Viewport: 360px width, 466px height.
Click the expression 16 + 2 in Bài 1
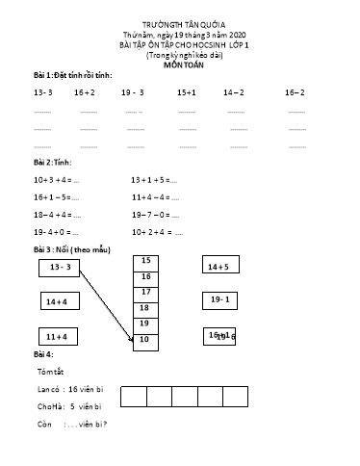(x=84, y=93)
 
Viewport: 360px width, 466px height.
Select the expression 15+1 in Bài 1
(x=187, y=93)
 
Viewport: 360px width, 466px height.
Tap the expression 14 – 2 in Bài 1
(x=233, y=93)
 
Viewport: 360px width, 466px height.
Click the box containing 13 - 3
(x=59, y=267)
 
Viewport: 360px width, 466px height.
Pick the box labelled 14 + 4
(x=59, y=302)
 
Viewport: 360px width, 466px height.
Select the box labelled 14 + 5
(x=222, y=267)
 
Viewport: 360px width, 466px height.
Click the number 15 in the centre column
(x=145, y=261)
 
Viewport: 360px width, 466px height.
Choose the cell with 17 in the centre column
(x=145, y=292)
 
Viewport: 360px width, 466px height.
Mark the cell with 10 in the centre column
(x=145, y=339)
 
